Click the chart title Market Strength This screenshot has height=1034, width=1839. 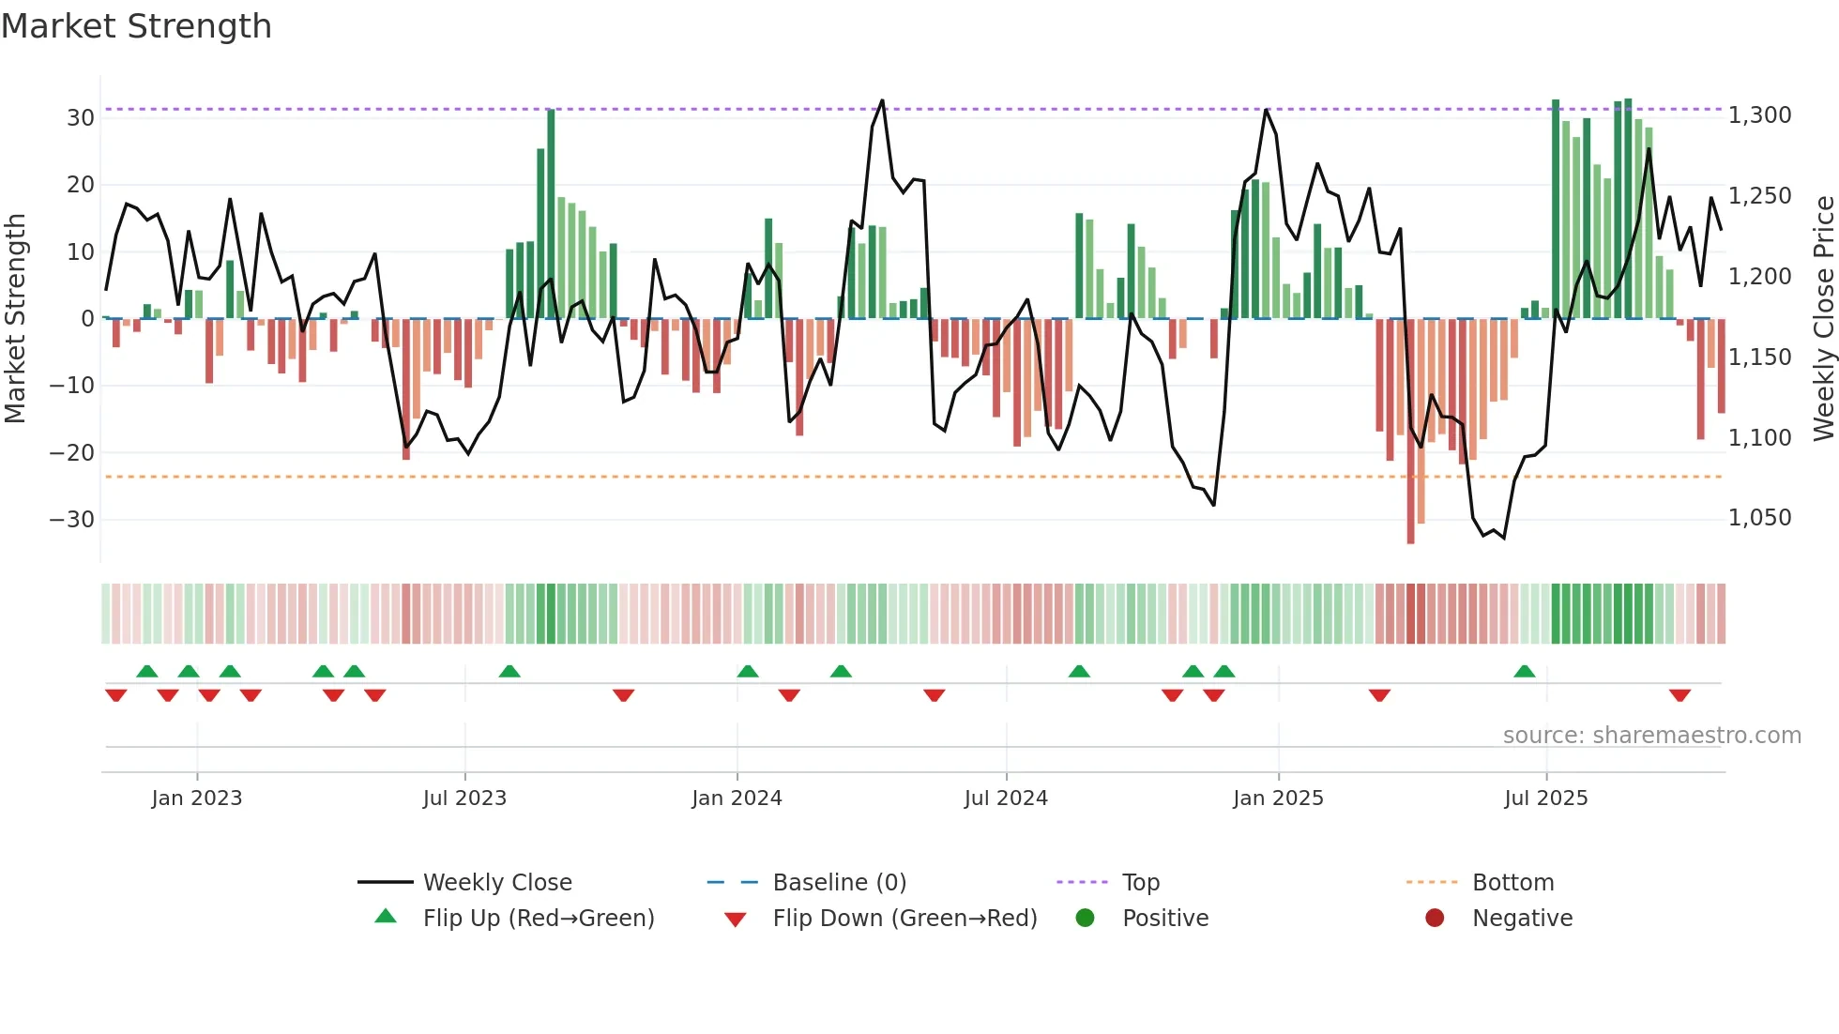tap(136, 26)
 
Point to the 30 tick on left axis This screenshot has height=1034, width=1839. tap(80, 118)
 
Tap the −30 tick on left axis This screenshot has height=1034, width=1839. tap(72, 520)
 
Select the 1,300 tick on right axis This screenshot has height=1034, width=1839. tap(1759, 115)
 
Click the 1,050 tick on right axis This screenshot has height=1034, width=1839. tap(1759, 518)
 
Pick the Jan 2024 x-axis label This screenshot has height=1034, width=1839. tap(737, 798)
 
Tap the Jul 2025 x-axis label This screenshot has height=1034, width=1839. tap(1545, 798)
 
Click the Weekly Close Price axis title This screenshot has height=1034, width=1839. tap(1823, 318)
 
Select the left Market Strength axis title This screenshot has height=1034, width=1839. tap(15, 318)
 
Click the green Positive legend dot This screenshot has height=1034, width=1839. tap(1085, 919)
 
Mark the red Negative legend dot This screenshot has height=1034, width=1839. tap(1435, 919)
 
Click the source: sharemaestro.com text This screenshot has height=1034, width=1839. tap(1651, 736)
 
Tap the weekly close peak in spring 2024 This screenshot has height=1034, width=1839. tap(882, 100)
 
